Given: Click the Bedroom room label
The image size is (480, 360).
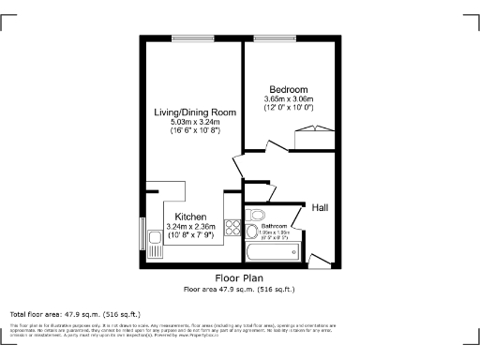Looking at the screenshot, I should click(289, 89).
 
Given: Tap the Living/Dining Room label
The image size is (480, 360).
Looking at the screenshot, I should click(195, 112).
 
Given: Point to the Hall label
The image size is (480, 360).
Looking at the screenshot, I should click(320, 207).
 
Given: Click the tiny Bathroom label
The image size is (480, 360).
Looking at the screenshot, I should click(274, 227).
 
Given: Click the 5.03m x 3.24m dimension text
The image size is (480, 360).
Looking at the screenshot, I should click(195, 122).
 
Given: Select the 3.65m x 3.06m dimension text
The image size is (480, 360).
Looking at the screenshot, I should click(289, 99).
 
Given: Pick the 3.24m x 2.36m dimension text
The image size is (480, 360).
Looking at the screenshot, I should click(190, 226).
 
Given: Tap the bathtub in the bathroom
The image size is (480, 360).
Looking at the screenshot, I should click(272, 251).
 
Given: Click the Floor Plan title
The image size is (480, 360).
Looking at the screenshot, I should click(239, 278).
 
